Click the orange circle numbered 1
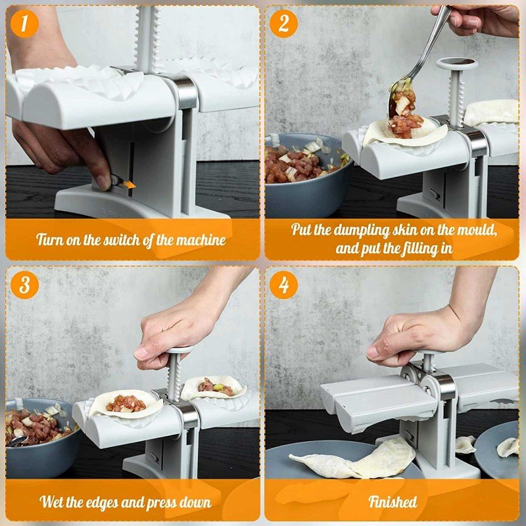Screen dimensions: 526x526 (24, 24)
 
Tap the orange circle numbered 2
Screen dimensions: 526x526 (283, 24)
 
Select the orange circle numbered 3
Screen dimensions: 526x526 (24, 285)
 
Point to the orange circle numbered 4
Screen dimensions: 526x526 (283, 285)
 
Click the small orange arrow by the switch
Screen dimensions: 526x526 (130, 184)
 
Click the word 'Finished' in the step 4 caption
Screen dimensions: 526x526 (393, 502)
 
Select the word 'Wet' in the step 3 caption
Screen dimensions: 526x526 (52, 502)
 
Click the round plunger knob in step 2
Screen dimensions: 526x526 (457, 63)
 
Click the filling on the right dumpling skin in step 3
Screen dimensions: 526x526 (216, 387)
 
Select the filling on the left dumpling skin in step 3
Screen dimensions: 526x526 (126, 404)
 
